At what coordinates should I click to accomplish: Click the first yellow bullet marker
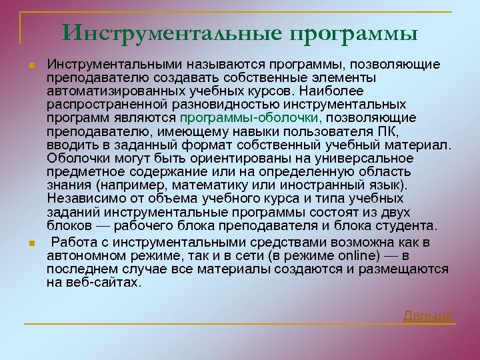point(31,65)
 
